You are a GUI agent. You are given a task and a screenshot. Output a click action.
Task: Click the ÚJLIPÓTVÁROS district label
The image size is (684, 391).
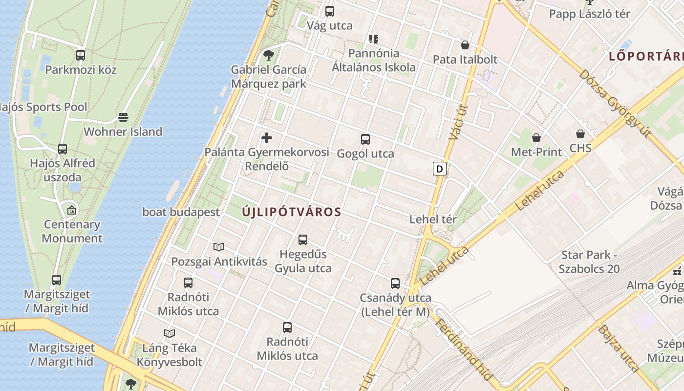(x=291, y=212)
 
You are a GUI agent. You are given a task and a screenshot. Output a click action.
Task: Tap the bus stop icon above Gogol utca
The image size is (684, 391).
(x=365, y=139)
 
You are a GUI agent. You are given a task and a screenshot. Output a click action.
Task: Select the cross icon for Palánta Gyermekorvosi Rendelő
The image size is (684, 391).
(x=267, y=138)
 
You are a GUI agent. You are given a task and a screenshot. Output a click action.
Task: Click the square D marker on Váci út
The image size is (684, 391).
(x=440, y=169)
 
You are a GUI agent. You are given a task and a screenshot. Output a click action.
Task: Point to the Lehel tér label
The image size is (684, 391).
(x=433, y=219)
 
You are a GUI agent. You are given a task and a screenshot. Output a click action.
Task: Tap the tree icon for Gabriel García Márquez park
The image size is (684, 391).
(x=268, y=54)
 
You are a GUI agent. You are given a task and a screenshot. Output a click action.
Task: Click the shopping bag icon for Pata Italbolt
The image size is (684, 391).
(x=465, y=45)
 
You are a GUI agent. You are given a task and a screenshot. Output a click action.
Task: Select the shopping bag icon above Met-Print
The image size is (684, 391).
(x=536, y=138)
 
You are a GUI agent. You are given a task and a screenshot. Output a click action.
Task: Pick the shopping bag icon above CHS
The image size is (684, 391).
(x=580, y=134)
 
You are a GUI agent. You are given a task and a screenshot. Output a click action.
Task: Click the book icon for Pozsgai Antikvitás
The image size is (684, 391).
(x=219, y=247)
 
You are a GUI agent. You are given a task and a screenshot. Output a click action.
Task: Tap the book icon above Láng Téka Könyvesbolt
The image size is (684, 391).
(x=170, y=334)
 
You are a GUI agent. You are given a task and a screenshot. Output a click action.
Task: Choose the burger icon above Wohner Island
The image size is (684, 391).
(x=123, y=117)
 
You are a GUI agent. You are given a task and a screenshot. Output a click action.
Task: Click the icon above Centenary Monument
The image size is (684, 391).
(x=72, y=211)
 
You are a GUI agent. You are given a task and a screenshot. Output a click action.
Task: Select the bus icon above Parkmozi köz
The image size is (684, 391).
(x=81, y=55)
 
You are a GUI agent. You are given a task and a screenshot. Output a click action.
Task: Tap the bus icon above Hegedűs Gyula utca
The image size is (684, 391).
(x=303, y=240)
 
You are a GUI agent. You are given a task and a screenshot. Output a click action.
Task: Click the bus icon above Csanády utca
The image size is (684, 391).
(x=395, y=283)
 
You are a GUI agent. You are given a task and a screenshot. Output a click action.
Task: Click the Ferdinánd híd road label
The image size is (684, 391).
(x=464, y=349)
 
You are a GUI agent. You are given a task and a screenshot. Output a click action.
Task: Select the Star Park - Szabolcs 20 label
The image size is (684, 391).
(x=589, y=262)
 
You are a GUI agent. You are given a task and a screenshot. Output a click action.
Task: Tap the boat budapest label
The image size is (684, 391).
(x=181, y=212)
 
